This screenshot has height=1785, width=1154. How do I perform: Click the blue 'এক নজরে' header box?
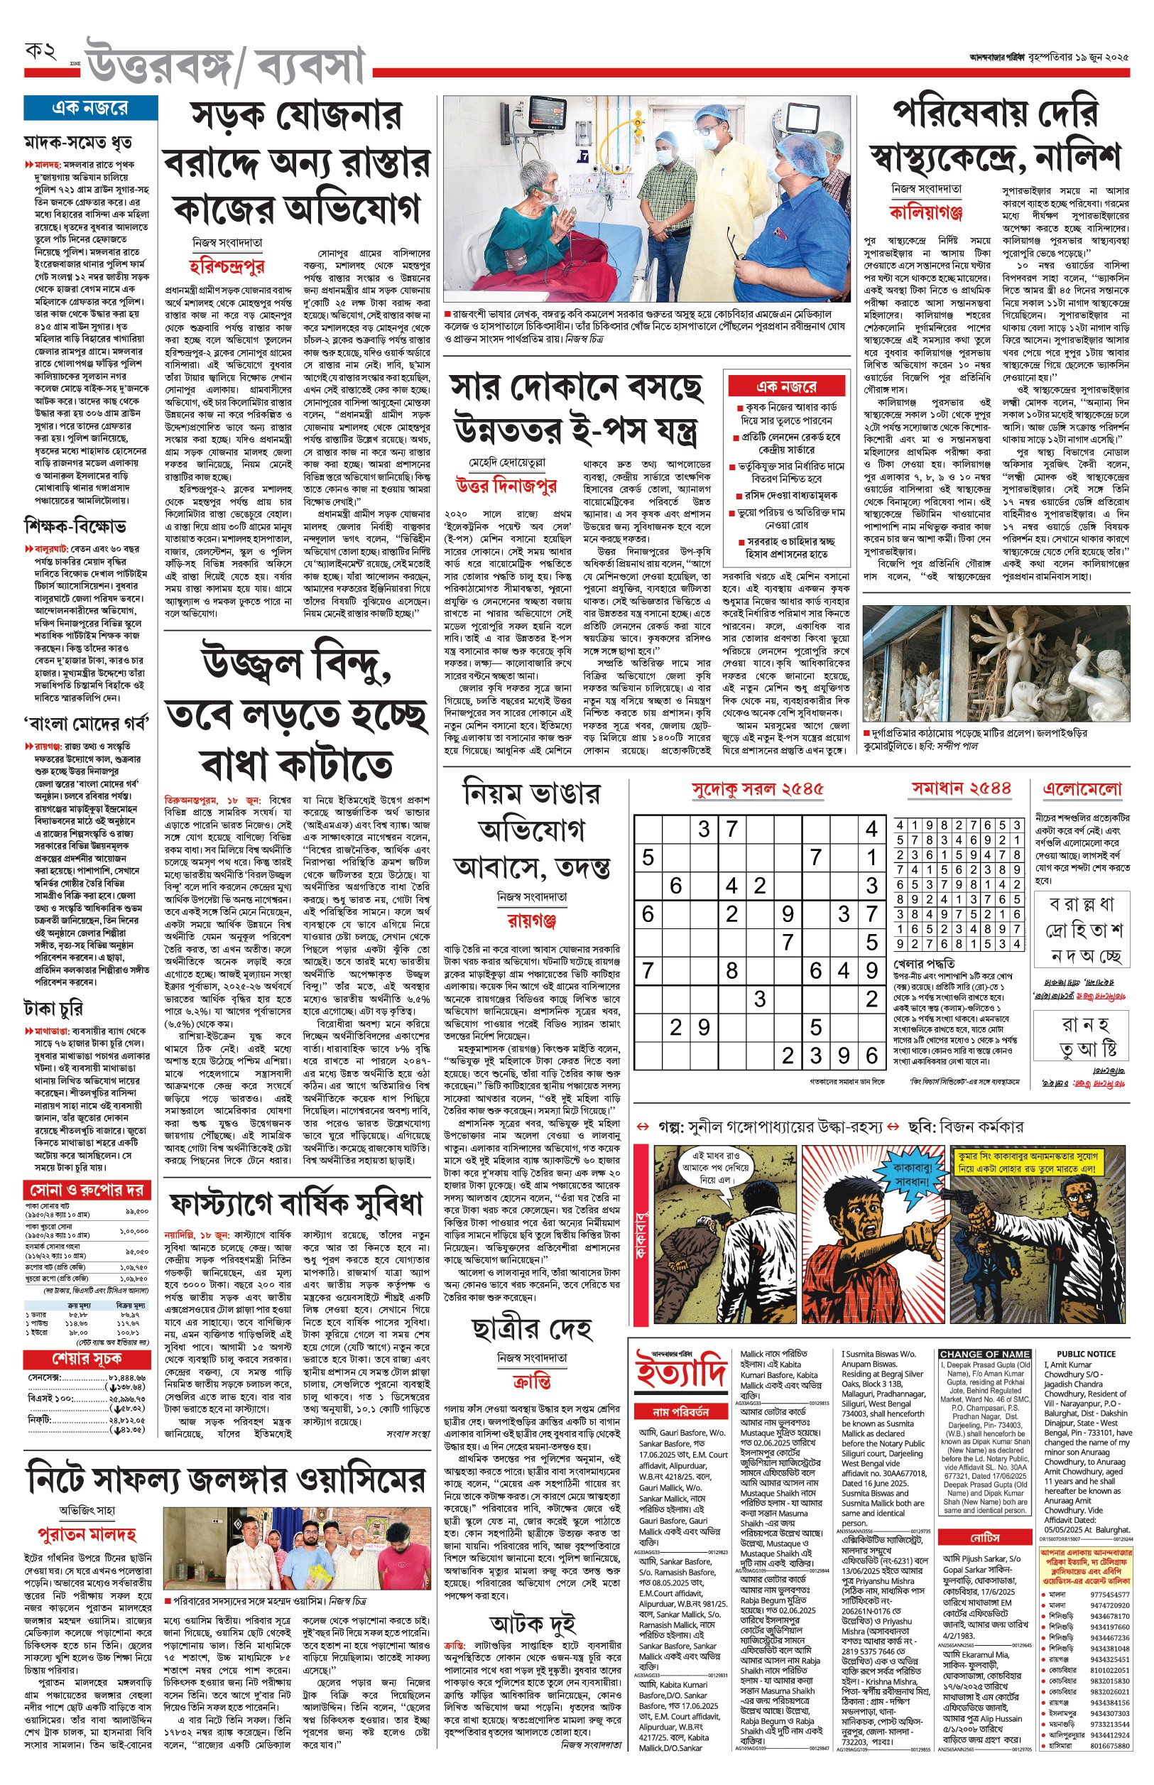tap(90, 108)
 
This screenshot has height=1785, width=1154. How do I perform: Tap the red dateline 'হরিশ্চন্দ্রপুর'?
tap(227, 267)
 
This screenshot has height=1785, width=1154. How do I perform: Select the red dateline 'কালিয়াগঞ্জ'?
tap(926, 212)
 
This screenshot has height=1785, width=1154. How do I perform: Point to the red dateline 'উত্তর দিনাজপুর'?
tap(506, 487)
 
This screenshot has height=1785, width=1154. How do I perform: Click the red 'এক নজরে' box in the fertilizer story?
tap(786, 386)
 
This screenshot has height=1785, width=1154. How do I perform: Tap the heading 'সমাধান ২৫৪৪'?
tap(961, 788)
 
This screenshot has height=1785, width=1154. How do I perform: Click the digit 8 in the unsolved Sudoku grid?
tap(732, 971)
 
